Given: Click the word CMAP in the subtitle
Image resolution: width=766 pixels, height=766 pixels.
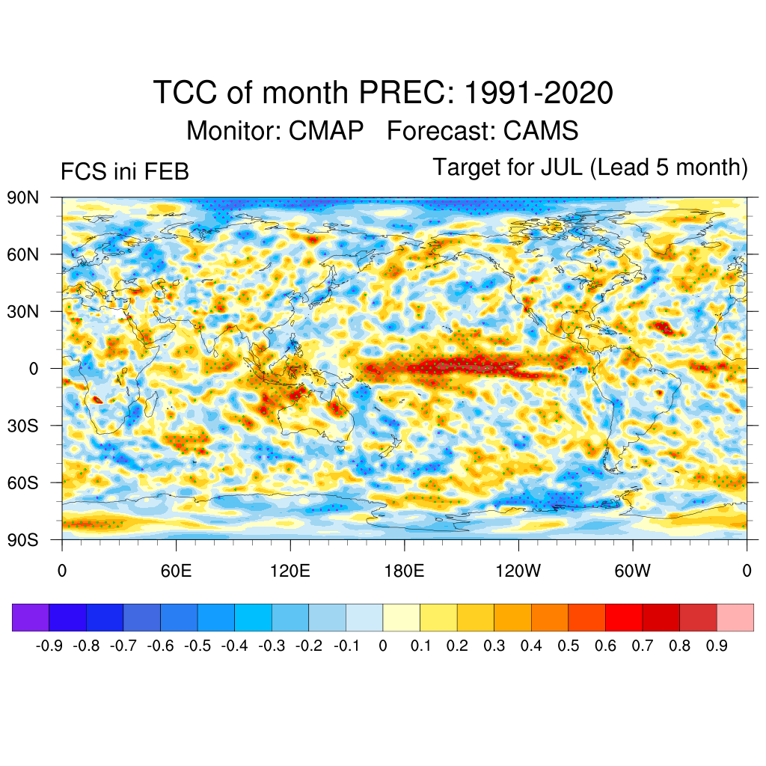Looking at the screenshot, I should tap(326, 131).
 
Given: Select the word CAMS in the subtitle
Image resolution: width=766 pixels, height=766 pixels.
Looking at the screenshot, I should tap(541, 131).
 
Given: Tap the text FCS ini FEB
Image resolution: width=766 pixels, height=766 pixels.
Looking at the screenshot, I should tap(124, 172).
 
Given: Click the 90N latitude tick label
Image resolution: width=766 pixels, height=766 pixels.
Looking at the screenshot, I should tap(23, 197).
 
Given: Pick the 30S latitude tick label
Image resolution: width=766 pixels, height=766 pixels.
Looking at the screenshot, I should tap(23, 426).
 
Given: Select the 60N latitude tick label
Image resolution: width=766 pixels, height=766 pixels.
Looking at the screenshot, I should tap(23, 254).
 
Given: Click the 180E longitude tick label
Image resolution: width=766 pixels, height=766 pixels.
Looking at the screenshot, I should tap(404, 572).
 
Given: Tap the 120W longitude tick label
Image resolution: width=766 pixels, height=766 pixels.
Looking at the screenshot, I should tap(518, 572).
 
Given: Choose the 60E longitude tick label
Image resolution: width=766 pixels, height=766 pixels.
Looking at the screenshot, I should tap(176, 572).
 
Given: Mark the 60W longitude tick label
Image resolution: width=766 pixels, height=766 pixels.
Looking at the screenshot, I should tap(632, 572).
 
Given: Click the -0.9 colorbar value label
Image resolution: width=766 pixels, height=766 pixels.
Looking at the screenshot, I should tap(50, 646).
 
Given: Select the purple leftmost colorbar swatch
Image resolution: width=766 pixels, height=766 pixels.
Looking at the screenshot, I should tap(31, 617).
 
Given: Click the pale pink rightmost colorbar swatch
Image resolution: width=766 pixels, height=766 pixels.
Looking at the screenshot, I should tap(735, 617).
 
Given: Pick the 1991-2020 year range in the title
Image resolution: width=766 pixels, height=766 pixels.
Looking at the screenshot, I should tap(539, 94).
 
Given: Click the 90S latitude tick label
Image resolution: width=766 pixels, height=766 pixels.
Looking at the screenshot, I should tap(23, 540).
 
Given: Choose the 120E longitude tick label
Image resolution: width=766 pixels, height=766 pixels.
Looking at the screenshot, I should tap(289, 572).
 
